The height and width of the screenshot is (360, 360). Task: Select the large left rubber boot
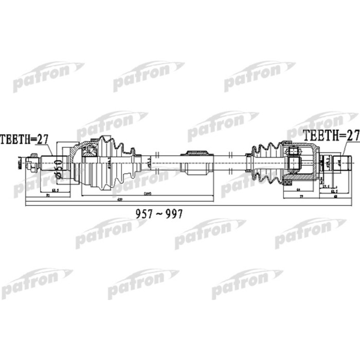pos(111,162)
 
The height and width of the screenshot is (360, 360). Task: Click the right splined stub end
pos(341,163)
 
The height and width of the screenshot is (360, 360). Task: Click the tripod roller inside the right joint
pos(294,160)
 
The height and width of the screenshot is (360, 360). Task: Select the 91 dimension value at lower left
pos(47,196)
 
